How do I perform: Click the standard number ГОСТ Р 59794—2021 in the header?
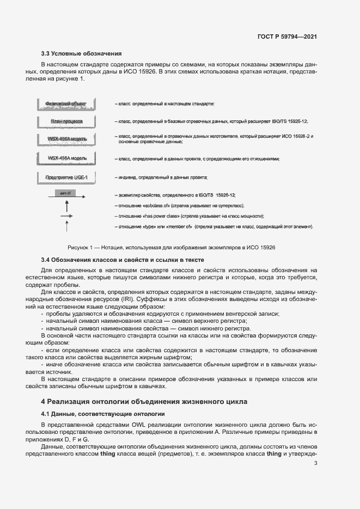click(287, 36)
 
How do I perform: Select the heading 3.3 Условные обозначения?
click(81, 53)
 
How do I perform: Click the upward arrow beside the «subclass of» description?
click(66, 206)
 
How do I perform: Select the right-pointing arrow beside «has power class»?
click(66, 216)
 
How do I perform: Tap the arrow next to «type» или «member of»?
click(66, 226)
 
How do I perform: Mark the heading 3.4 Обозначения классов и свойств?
click(123, 260)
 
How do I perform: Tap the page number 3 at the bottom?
click(315, 463)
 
